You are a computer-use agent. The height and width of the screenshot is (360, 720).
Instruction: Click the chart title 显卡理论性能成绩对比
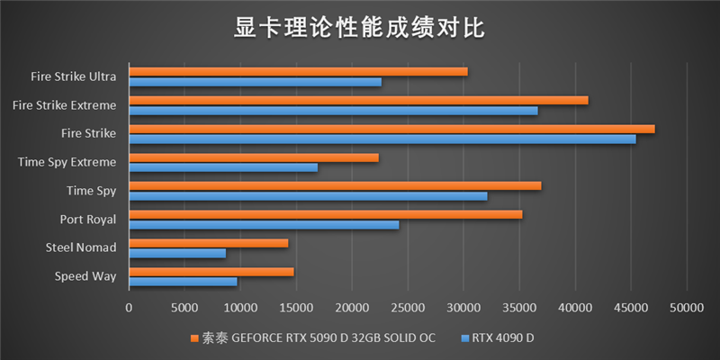coord(359,28)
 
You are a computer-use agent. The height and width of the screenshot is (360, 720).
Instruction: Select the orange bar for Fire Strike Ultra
coord(298,71)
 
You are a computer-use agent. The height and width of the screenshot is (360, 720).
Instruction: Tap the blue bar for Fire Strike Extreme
coord(333,111)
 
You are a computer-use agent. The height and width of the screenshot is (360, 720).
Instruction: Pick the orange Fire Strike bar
coord(391,129)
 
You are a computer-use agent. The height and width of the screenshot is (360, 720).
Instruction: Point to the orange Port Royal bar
coord(325,214)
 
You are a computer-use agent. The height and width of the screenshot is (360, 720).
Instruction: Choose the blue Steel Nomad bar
coord(177,253)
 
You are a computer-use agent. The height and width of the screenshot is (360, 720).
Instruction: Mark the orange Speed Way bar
coord(211,271)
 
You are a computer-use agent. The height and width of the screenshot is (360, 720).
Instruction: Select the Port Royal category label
coord(87,219)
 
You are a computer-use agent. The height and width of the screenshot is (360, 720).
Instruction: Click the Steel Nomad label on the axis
coord(81,247)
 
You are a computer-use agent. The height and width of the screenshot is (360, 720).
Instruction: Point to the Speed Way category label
coord(85,275)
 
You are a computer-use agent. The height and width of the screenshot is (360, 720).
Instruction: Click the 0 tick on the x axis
coord(130,308)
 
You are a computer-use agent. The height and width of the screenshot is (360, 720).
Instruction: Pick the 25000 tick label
coord(408,308)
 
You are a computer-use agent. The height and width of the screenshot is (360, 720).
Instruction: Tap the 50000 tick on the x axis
coord(686,308)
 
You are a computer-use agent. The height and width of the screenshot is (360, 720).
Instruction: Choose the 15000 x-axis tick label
coord(296,308)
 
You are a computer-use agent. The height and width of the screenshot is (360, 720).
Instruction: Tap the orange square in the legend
coord(194,338)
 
